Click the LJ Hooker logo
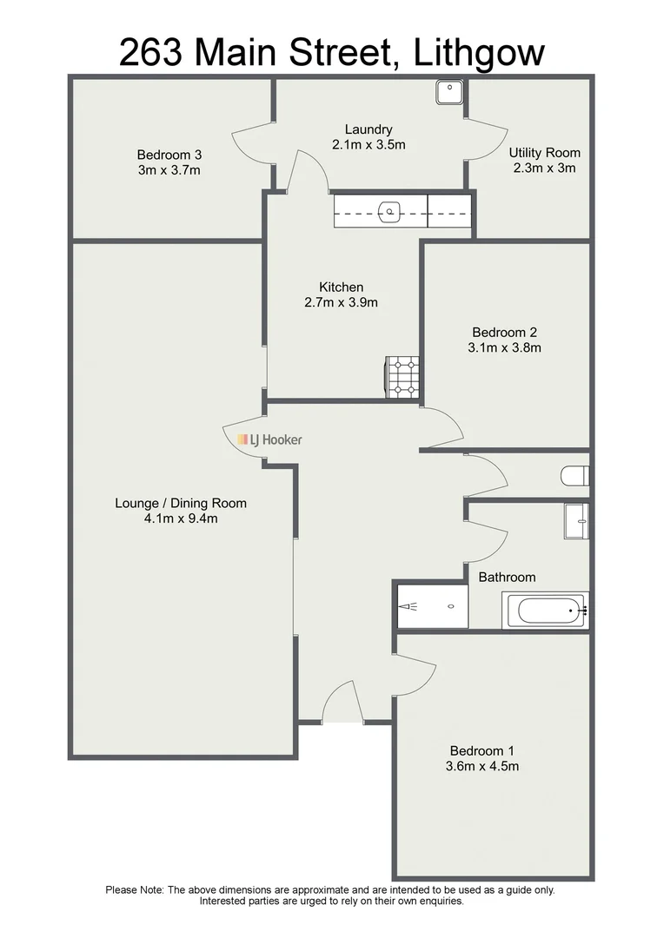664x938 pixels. (x=270, y=439)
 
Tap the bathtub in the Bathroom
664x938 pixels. (x=546, y=611)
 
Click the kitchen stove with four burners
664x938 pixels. (x=402, y=378)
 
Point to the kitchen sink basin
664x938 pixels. (x=391, y=210)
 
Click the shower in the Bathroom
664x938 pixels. (x=432, y=604)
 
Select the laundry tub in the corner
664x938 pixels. (x=449, y=90)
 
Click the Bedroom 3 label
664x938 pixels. (x=169, y=155)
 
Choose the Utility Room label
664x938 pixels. (x=544, y=153)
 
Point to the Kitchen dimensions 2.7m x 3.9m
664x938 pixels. (x=342, y=303)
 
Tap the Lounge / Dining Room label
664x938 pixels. (x=181, y=503)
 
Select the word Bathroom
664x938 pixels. (x=507, y=577)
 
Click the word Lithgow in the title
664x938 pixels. (x=479, y=53)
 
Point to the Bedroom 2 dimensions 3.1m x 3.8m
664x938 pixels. (x=506, y=347)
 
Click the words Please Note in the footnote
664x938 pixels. (x=135, y=889)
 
